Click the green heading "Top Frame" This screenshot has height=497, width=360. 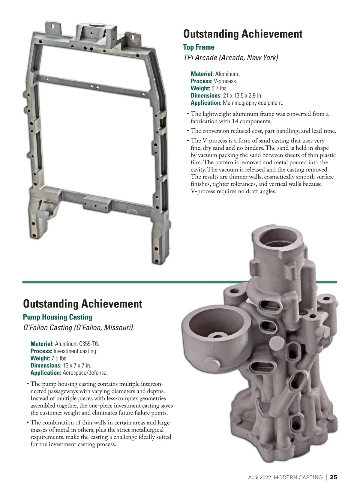tap(199, 47)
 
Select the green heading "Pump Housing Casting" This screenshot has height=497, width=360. tap(57, 317)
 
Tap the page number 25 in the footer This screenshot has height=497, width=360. tap(333, 477)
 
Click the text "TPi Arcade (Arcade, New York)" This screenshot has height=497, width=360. tap(230, 58)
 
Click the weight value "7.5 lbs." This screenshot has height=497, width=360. tap(59, 358)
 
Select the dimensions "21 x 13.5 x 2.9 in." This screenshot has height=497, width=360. tap(243, 96)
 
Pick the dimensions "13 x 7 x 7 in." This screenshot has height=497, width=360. tap(77, 366)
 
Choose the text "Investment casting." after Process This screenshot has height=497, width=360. tap(75, 351)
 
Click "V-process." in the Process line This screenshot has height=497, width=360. tap(225, 81)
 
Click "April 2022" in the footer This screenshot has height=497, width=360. tap(259, 478)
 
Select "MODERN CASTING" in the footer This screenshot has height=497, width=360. tap(298, 478)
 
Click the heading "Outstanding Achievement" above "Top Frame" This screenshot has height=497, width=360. tap(243, 34)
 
